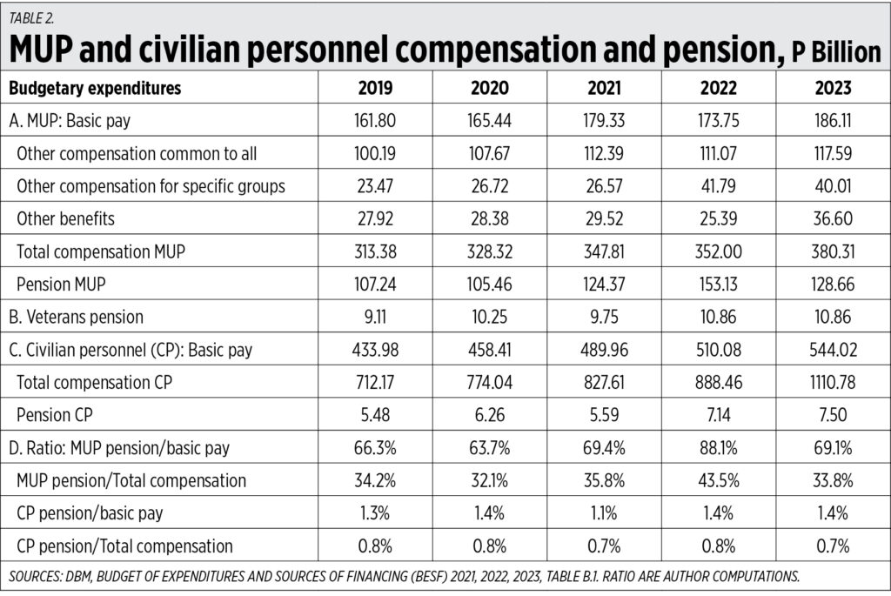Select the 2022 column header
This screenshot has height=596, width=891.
point(719,89)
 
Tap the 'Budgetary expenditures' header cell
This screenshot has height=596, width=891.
point(95,89)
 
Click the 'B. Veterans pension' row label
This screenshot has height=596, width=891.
point(77,317)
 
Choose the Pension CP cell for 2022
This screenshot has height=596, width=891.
point(719,414)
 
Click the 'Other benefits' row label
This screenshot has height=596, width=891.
point(65,218)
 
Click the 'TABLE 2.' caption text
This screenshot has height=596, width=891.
point(33,17)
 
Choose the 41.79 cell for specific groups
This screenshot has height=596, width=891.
point(719,186)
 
